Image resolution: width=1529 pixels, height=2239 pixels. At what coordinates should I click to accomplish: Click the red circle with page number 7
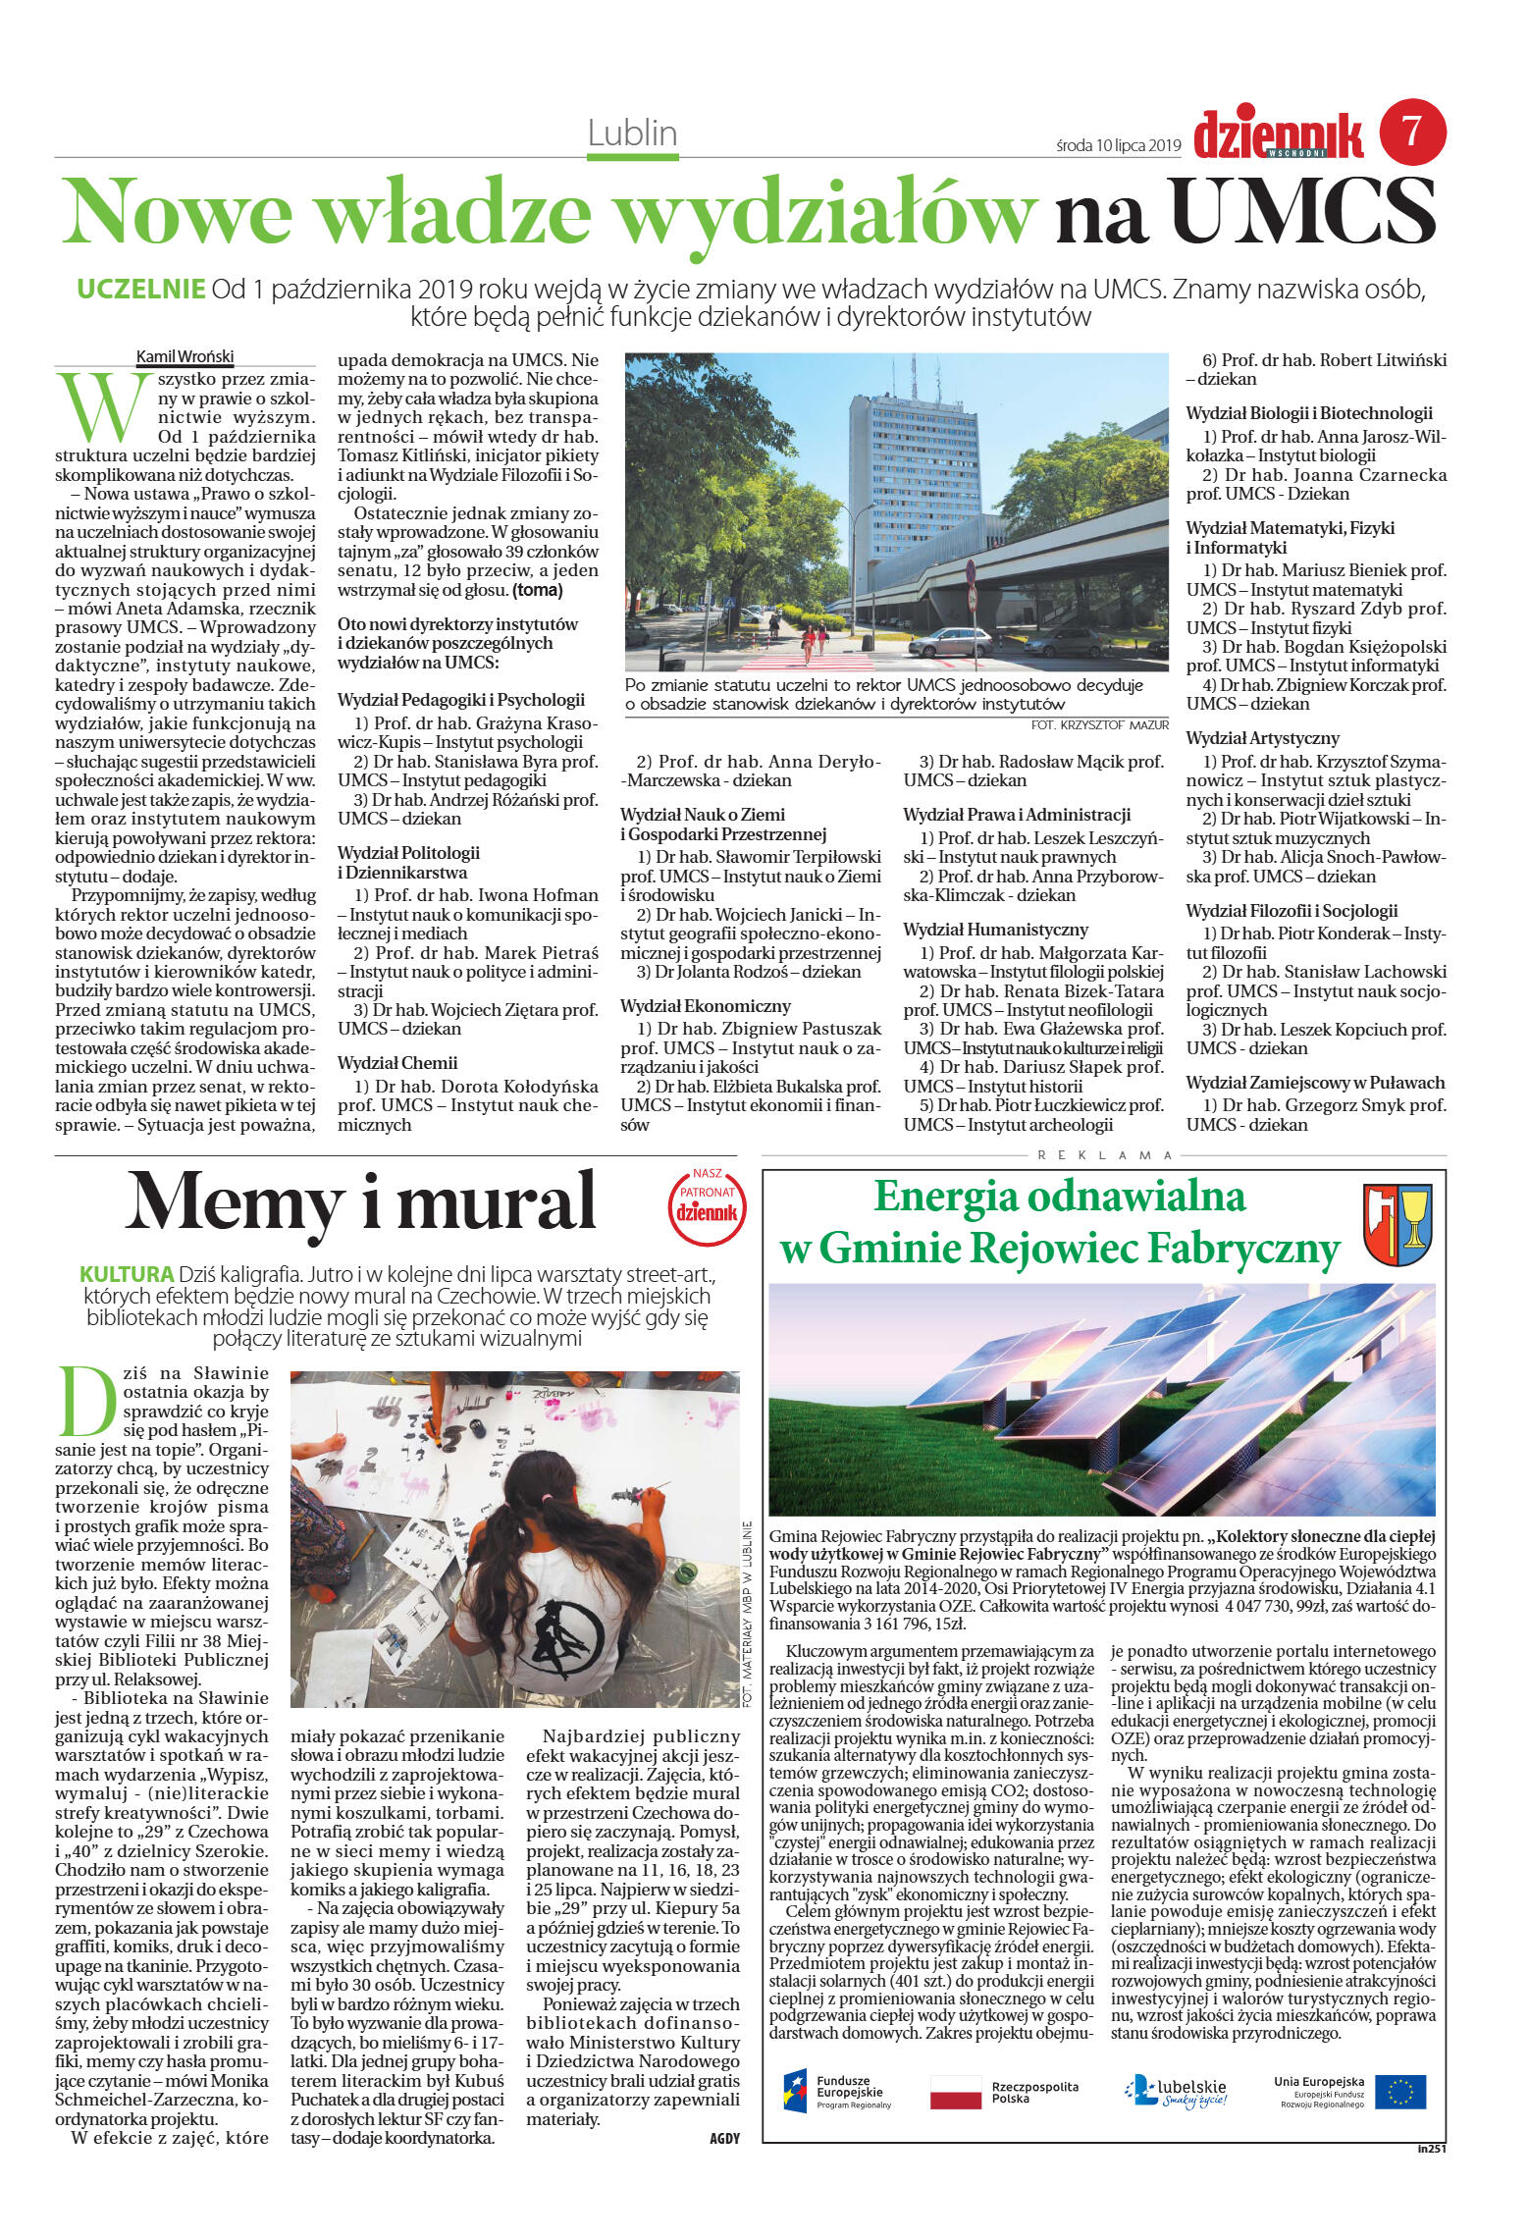click(x=1412, y=131)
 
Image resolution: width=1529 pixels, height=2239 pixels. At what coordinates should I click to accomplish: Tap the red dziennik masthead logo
click(x=1278, y=134)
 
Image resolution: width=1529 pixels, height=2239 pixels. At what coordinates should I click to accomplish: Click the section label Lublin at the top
click(x=632, y=133)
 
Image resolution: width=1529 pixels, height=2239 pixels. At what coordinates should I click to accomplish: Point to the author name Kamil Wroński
click(x=185, y=356)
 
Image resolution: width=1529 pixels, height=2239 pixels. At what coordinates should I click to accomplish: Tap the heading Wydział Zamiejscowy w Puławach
click(x=1315, y=1083)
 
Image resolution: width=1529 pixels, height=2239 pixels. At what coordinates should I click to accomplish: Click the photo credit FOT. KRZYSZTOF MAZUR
click(x=1099, y=724)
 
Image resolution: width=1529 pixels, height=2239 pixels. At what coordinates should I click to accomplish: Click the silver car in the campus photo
click(x=950, y=642)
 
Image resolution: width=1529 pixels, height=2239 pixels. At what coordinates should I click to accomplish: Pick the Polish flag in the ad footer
click(x=955, y=2092)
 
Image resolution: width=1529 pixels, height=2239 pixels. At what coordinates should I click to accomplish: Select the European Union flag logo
click(x=1399, y=2092)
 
